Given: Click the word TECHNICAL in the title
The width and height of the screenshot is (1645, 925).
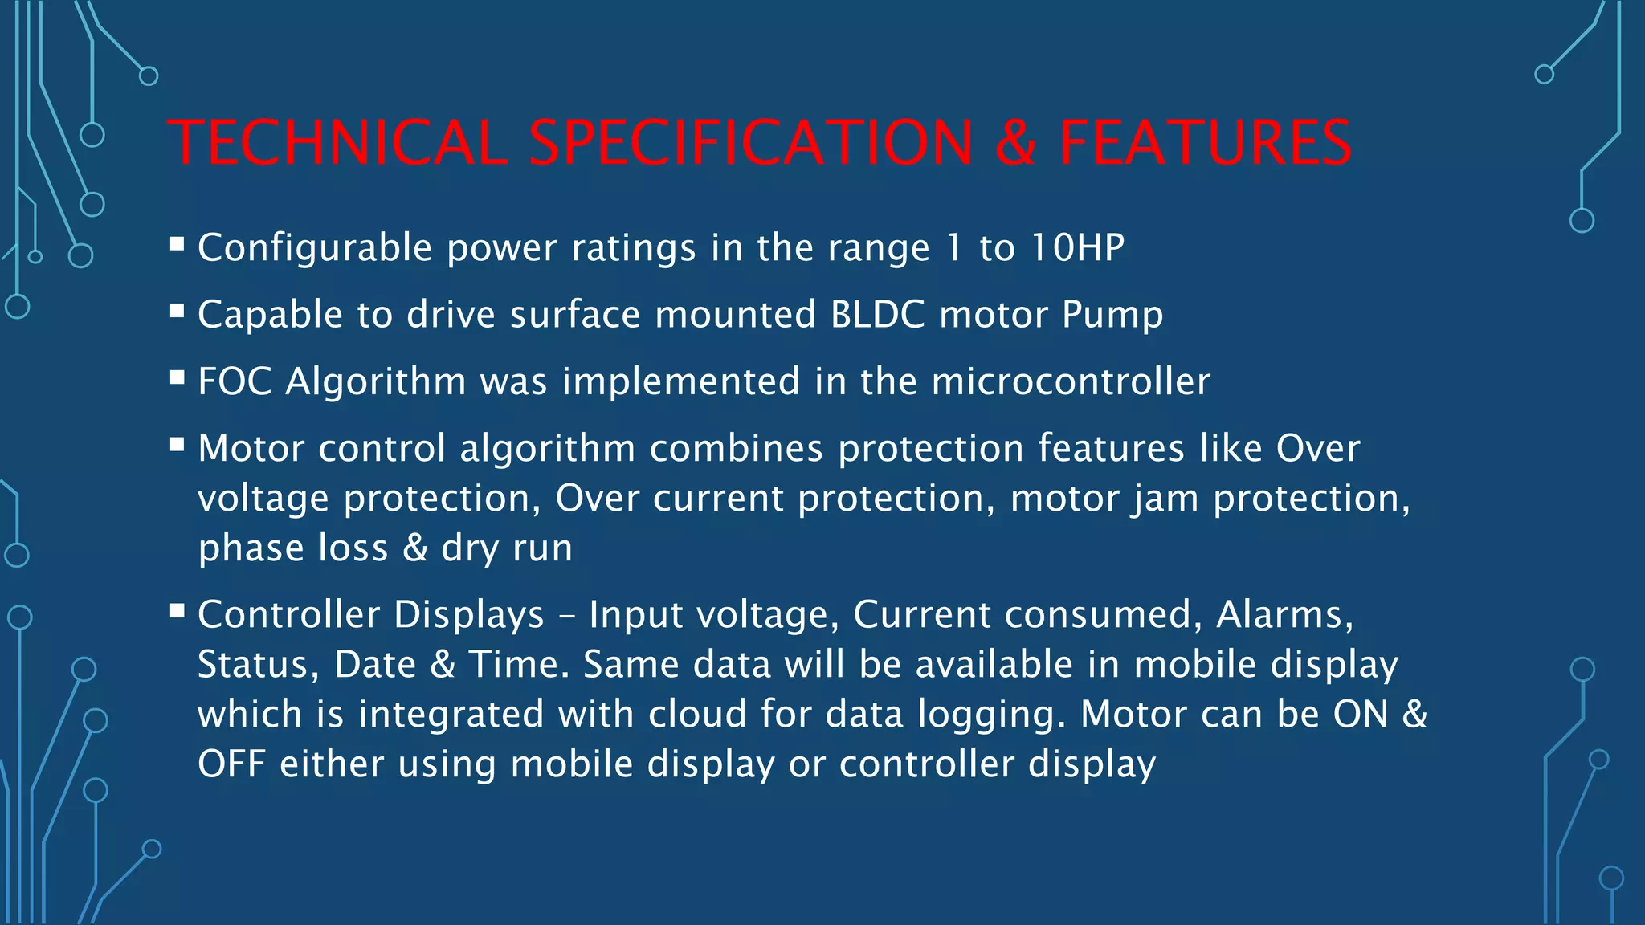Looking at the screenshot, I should pyautogui.click(x=338, y=143).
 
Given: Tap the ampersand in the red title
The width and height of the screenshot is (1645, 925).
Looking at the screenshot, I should pyautogui.click(x=1015, y=143).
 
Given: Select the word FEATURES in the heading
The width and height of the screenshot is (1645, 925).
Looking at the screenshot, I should pyautogui.click(x=1206, y=143).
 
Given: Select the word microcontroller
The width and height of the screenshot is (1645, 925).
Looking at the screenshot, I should pyautogui.click(x=1071, y=381).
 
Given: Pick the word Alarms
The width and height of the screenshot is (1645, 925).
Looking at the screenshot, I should pyautogui.click(x=1284, y=614).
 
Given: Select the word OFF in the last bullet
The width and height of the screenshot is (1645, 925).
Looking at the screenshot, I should pyautogui.click(x=231, y=764).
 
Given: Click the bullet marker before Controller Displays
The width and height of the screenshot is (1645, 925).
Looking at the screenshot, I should pyautogui.click(x=178, y=611).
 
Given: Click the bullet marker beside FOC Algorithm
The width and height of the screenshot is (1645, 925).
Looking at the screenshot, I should pyautogui.click(x=178, y=377).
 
